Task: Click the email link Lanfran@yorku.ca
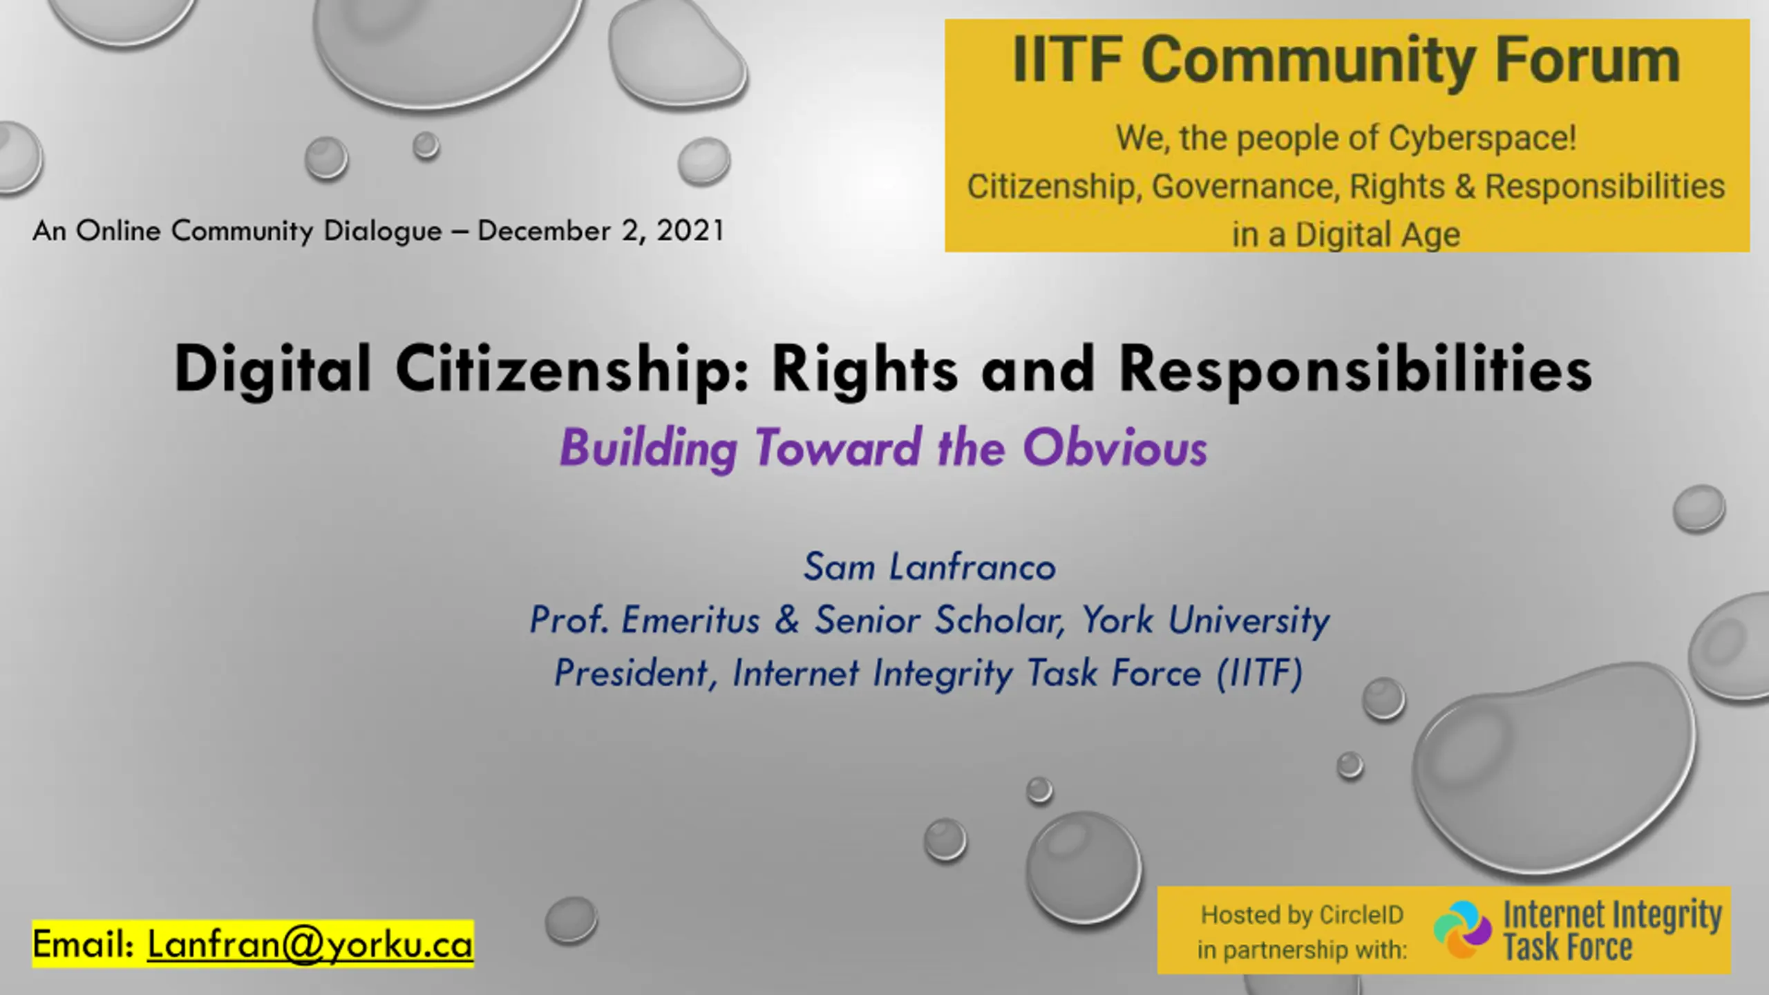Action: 310,945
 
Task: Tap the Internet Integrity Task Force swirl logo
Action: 1462,929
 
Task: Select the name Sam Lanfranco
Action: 929,567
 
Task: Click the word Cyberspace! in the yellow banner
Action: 1483,138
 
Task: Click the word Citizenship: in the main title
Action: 572,370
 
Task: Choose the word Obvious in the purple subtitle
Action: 1115,448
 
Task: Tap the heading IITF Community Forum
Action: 1347,61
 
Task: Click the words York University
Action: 1205,620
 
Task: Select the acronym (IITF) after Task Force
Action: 1260,673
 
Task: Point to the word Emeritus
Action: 690,620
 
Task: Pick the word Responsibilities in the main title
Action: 1356,370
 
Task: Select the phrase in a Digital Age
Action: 1346,234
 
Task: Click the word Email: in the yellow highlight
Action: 83,945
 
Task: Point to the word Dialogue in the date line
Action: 383,231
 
